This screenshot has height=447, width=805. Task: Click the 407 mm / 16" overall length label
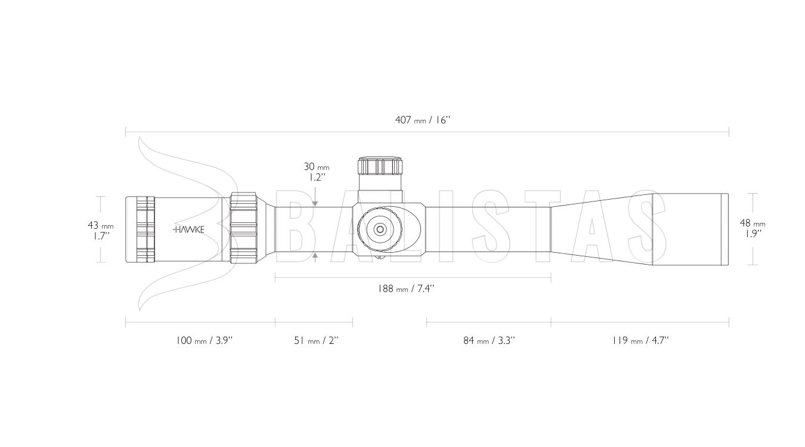(423, 120)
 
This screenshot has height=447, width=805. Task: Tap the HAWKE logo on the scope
(188, 229)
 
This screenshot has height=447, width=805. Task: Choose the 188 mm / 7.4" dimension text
(405, 288)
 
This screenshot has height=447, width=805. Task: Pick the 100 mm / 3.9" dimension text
(205, 340)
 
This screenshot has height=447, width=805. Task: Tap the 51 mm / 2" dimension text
(316, 340)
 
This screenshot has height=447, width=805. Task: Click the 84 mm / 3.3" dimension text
(489, 340)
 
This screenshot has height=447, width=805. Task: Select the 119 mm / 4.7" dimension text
(641, 340)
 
